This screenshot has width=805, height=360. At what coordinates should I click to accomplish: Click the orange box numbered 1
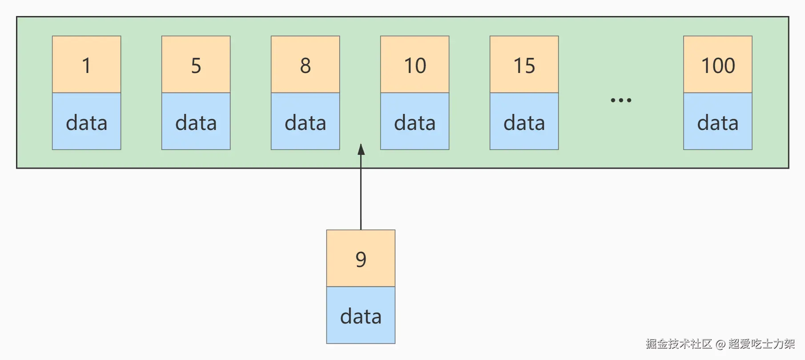click(x=86, y=65)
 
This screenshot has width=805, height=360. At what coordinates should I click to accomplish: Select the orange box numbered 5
click(x=196, y=65)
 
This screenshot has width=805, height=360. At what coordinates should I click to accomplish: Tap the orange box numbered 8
click(x=305, y=65)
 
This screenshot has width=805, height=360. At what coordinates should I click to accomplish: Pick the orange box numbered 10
click(x=415, y=65)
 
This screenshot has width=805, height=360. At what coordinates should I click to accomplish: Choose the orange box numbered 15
click(x=524, y=65)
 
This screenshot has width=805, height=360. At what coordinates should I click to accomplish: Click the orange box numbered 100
click(x=717, y=65)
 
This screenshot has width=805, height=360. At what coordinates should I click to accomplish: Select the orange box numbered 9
click(x=361, y=259)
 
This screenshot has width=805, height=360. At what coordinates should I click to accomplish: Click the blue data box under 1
click(x=86, y=121)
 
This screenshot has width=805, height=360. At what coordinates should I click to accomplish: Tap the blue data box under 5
click(x=196, y=121)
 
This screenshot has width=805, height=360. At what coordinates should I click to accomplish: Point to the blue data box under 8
click(x=305, y=121)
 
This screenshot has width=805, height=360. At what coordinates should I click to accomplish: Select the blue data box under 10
click(x=415, y=121)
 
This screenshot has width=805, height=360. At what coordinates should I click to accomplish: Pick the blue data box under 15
click(x=524, y=121)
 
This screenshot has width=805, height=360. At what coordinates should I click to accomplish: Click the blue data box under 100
click(x=717, y=121)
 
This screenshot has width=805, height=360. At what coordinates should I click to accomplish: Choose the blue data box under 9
click(x=361, y=315)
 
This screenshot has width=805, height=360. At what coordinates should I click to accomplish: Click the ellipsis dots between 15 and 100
click(x=621, y=100)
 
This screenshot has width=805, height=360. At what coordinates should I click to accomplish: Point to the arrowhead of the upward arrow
click(x=361, y=149)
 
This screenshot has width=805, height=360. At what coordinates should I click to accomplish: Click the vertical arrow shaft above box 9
click(x=361, y=196)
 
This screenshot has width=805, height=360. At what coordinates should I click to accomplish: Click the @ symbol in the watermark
click(x=720, y=344)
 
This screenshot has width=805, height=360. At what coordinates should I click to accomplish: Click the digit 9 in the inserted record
click(x=361, y=259)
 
